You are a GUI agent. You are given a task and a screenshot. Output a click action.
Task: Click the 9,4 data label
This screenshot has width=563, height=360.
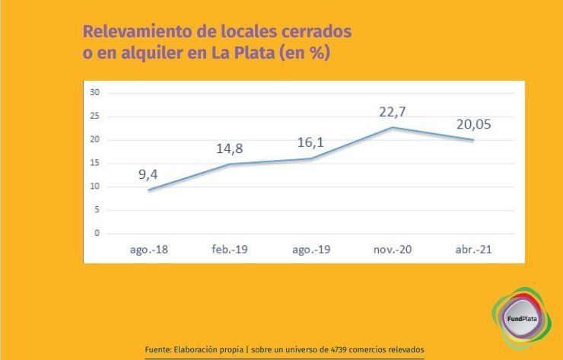click(148, 174)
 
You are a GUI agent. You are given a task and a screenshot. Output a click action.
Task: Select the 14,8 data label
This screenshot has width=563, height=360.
click(230, 148)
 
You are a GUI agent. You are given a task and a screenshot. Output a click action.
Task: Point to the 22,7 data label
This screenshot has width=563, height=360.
click(393, 112)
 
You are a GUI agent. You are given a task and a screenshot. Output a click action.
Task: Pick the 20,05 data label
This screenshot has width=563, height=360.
click(474, 125)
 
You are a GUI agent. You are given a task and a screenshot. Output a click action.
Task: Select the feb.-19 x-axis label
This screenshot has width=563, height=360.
click(229, 250)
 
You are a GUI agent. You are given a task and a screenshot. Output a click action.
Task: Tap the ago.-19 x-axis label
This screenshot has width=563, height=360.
click(310, 250)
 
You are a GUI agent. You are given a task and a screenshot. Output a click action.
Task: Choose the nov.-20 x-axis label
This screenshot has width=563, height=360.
click(393, 250)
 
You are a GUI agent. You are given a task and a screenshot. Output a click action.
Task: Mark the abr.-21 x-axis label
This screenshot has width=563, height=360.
click(474, 250)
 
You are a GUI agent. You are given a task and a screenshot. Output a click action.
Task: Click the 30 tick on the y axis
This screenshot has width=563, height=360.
click(95, 92)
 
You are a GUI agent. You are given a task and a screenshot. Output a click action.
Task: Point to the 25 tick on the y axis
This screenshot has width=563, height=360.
click(95, 116)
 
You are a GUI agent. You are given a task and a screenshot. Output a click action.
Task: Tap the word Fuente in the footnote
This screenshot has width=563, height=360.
click(157, 349)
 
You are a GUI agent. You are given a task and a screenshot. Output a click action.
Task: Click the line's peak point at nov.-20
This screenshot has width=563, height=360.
click(392, 127)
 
